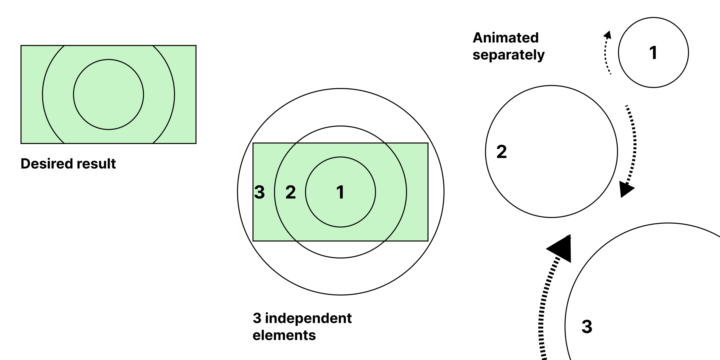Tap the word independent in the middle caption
308,318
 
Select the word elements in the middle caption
284,335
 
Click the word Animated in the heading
505,38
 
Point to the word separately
508,55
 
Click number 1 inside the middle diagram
340,192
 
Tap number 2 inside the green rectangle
290,192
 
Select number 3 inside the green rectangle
259,192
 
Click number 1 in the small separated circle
653,53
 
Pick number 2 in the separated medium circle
501,152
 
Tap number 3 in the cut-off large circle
587,326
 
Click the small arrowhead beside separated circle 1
608,35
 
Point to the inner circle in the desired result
108,59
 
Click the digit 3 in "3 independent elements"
257,318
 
